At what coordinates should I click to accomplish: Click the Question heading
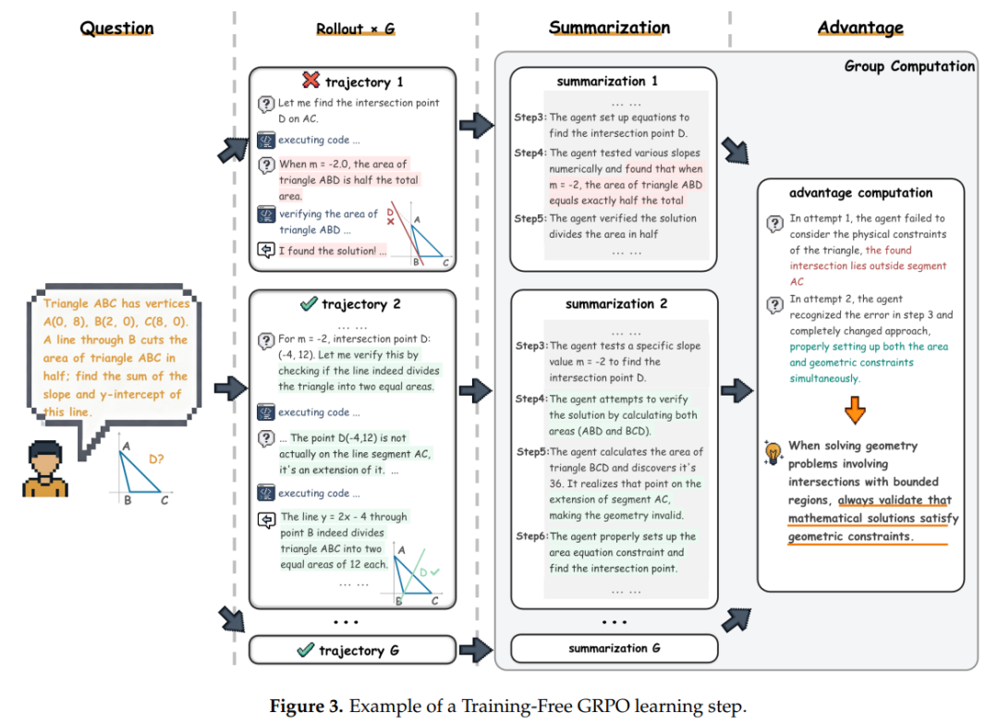[116, 28]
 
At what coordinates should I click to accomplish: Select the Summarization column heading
[609, 27]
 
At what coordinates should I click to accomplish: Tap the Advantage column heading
[860, 28]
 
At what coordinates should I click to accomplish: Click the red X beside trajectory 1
[310, 81]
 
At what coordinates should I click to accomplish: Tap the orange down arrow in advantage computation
[856, 408]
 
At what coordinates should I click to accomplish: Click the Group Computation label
[909, 67]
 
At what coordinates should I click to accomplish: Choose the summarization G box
[614, 648]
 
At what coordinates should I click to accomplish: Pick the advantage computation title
[860, 193]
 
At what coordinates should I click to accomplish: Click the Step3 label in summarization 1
[530, 118]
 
